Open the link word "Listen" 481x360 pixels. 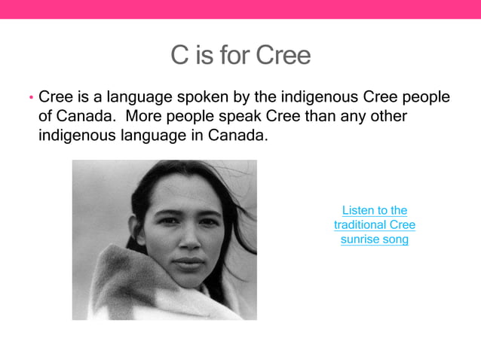(x=359, y=210)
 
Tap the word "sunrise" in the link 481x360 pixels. (x=360, y=239)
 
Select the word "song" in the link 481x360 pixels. (x=395, y=239)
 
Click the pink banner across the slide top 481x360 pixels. (x=240, y=9)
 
